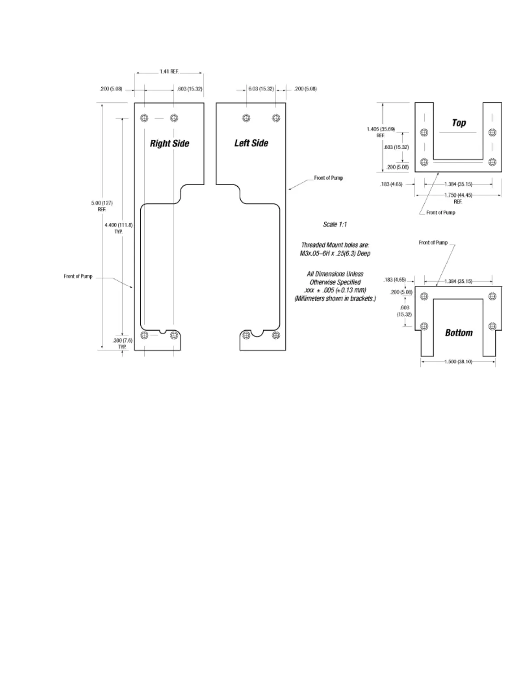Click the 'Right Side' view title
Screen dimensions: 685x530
(x=169, y=144)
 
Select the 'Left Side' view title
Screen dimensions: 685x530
(x=251, y=143)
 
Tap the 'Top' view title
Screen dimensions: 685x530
(x=459, y=123)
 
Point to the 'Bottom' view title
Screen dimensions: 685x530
(x=459, y=333)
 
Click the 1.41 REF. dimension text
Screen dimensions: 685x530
(x=169, y=71)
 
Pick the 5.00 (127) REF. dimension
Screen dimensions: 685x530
(x=102, y=206)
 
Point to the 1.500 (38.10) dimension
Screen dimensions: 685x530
(x=458, y=362)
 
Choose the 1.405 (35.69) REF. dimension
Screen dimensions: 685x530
(x=381, y=132)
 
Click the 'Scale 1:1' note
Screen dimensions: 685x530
(x=335, y=224)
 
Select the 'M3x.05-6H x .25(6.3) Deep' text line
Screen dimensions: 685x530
(x=335, y=253)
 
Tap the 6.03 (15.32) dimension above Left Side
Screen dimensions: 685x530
(x=261, y=89)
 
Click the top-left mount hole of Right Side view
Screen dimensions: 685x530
(x=144, y=118)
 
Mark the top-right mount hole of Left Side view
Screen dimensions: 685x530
(x=276, y=118)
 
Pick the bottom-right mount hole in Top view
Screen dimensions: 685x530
(x=492, y=162)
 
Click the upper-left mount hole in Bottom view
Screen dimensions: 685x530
(x=424, y=296)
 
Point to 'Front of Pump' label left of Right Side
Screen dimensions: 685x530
(x=78, y=276)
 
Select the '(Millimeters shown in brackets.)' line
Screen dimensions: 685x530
(x=335, y=298)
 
